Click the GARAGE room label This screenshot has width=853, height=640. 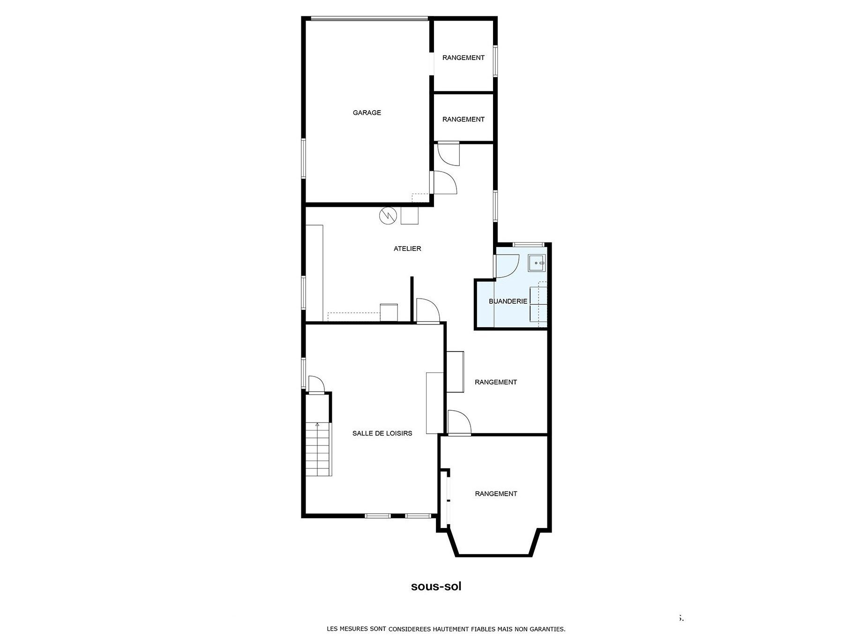tap(367, 113)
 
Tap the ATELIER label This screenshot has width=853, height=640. tap(407, 248)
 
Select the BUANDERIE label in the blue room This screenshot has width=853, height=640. tap(508, 301)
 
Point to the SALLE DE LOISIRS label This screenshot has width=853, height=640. tap(382, 433)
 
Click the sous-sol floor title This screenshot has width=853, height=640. tap(436, 586)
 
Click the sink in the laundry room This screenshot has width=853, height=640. tap(537, 264)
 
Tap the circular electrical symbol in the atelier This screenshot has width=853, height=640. tap(388, 216)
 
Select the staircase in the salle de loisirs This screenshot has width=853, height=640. tap(319, 449)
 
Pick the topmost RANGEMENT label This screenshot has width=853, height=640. tap(463, 58)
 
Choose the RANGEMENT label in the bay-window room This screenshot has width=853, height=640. tap(496, 494)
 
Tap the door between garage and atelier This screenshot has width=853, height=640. tap(443, 182)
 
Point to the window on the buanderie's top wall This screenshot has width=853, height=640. tap(528, 244)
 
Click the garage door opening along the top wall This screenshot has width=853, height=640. tap(369, 19)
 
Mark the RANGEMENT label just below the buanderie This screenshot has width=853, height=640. tap(496, 382)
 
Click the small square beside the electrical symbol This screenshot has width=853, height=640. tap(410, 216)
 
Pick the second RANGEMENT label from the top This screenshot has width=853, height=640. tap(463, 120)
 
